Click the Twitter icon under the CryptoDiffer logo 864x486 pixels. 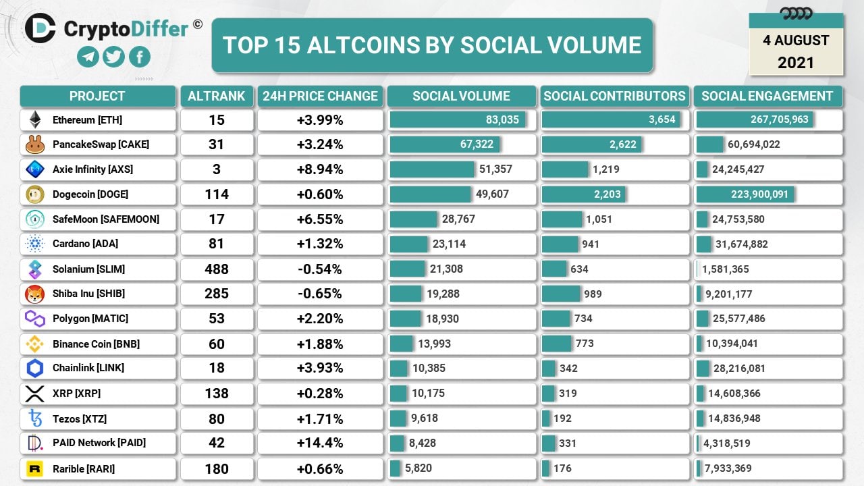tap(113, 57)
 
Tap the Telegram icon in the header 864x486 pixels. tap(88, 57)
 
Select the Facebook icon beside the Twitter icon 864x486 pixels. tap(139, 57)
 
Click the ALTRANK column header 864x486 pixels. tap(216, 96)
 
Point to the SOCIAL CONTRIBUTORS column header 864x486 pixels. tap(614, 96)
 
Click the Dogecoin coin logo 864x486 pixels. tap(34, 194)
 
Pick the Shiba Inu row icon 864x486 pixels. tap(34, 294)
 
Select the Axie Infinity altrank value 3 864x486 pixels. tap(216, 169)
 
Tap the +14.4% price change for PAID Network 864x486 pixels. tap(320, 443)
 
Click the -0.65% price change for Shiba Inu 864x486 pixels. tap(320, 294)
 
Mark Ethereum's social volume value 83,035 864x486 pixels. tap(502, 119)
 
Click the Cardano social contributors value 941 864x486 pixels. tap(590, 244)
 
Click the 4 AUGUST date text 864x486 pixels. tap(796, 40)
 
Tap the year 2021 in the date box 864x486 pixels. tap(796, 63)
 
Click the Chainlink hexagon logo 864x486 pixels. tap(34, 368)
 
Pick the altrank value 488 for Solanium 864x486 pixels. tap(216, 269)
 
